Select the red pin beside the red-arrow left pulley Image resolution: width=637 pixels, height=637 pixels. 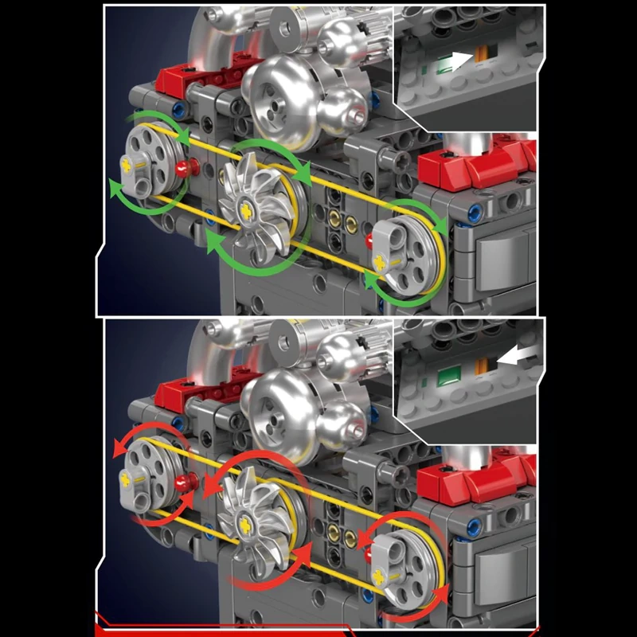click(190, 480)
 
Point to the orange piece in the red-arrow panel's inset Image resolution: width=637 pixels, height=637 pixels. click(481, 367)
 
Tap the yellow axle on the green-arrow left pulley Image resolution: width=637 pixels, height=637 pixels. click(130, 162)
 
